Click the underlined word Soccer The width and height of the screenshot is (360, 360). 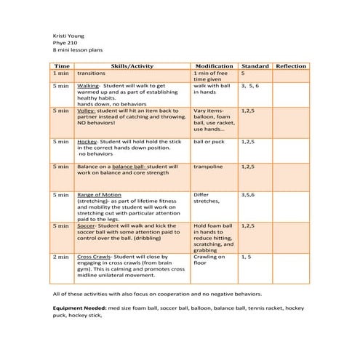coord(87,225)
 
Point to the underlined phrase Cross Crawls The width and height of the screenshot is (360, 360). coord(94,257)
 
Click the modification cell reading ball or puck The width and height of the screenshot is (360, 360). coord(209,142)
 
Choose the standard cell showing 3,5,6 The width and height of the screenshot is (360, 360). coord(249,195)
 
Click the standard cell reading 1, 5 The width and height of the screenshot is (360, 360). coord(246,257)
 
